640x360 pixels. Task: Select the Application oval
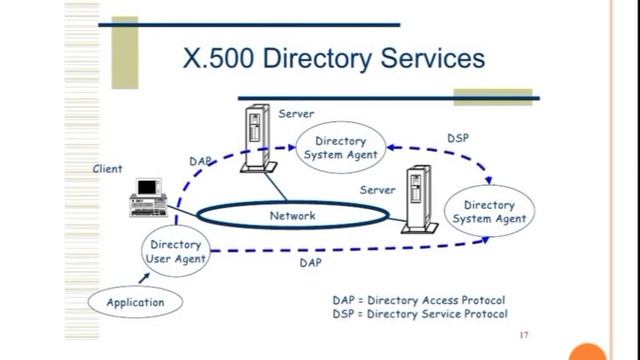coord(136,301)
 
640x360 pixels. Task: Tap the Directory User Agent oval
coord(176,251)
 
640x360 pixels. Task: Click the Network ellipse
coord(292,215)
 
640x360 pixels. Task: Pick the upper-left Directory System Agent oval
coord(340,148)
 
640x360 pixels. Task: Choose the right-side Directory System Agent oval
coord(489,212)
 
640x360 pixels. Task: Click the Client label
coord(108,169)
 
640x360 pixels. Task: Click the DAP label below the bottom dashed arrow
coord(310,264)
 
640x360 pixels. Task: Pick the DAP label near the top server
coord(201,160)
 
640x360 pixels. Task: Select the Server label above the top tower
coord(296,113)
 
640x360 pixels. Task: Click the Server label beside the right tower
coord(377,189)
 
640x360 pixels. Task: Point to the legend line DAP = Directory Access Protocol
coord(419,299)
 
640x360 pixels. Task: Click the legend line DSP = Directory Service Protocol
coord(419,314)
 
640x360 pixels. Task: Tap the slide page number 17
coord(524,335)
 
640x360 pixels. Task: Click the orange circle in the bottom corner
coord(587,352)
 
